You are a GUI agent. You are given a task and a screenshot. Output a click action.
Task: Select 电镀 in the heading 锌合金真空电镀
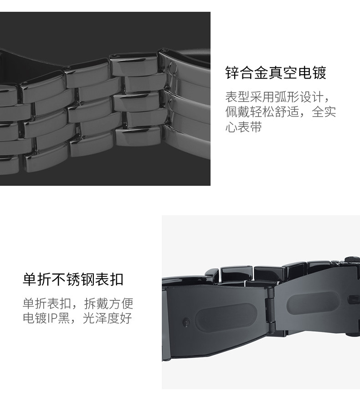[315, 73]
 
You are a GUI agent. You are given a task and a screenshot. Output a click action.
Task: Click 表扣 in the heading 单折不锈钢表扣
[111, 279]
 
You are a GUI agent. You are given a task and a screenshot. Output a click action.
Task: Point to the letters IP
[52, 318]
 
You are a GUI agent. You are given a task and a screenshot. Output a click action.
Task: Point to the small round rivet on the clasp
[186, 322]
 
